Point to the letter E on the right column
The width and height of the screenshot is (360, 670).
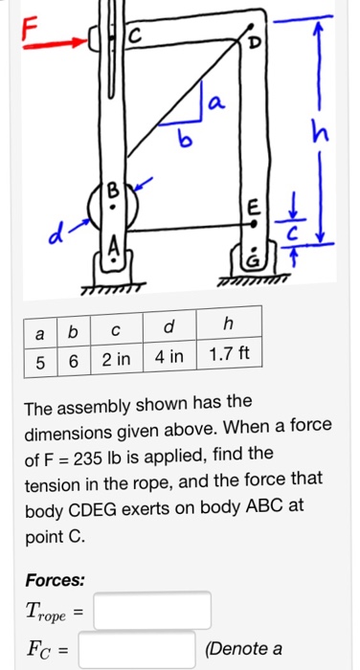[253, 207]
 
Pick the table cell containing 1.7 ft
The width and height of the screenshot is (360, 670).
[229, 358]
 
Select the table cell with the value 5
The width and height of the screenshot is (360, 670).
[38, 358]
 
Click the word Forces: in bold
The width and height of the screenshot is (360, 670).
[56, 580]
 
